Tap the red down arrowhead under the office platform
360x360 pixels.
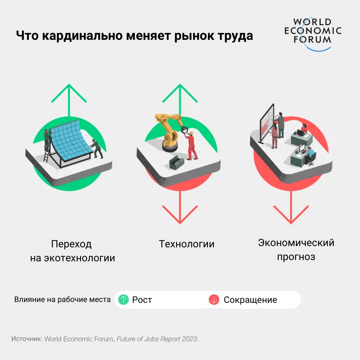point(291,216)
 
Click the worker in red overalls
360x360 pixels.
point(191,146)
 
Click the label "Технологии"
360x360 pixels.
point(187,244)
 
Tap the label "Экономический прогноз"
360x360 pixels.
point(296,249)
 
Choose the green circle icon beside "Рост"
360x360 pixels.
point(123,300)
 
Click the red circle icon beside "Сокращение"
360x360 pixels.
point(214,300)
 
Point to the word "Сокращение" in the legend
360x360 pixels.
point(250,300)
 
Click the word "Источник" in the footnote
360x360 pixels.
point(26,339)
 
